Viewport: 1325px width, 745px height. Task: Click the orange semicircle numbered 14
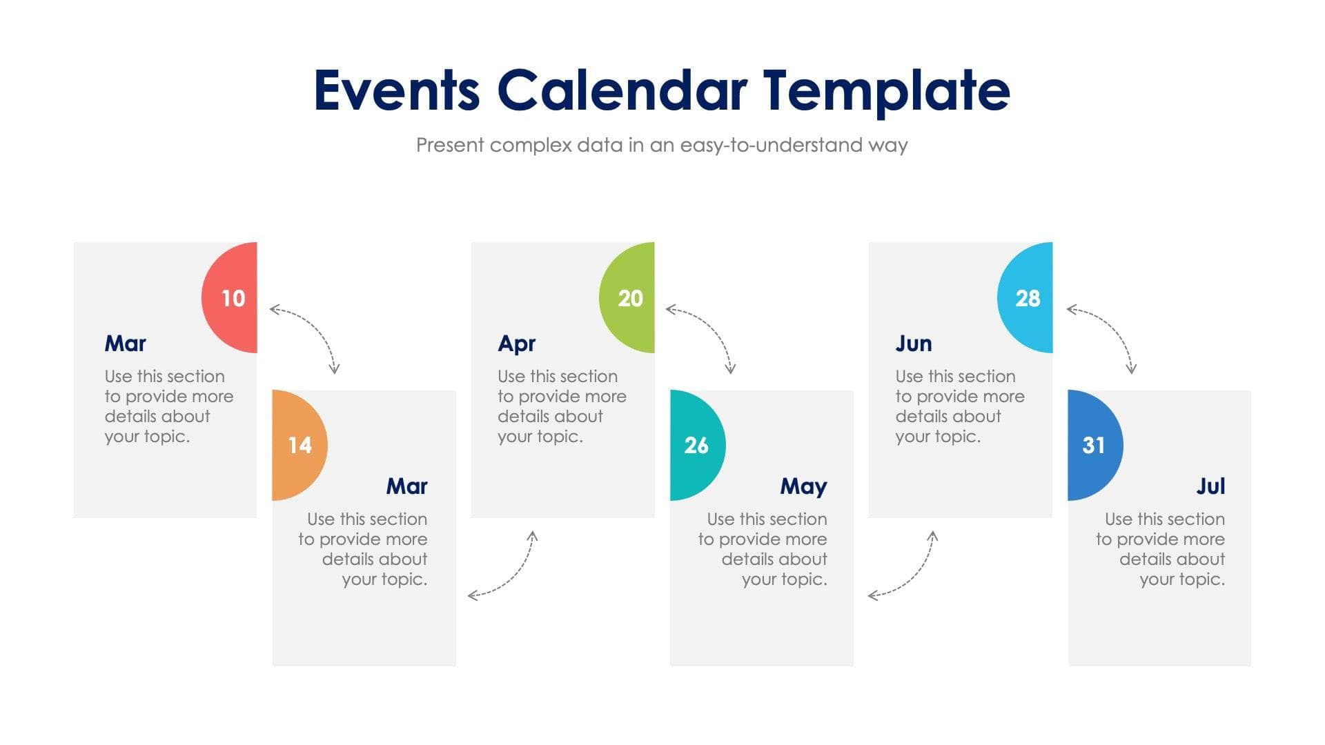(x=297, y=445)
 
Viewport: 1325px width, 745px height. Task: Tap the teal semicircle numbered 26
(x=696, y=445)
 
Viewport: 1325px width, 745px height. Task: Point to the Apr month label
(x=516, y=344)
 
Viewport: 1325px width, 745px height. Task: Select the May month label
(x=803, y=486)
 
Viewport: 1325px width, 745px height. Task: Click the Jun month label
(x=913, y=344)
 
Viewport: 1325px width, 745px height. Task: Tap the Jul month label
(x=1210, y=486)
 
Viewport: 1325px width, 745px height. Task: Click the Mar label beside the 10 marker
(x=125, y=344)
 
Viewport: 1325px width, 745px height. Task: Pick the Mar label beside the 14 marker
(x=406, y=486)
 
